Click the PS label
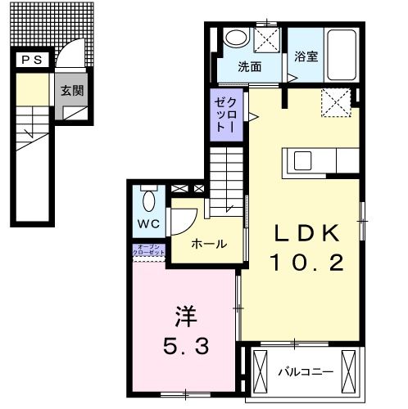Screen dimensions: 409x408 pyautogui.click(x=32, y=60)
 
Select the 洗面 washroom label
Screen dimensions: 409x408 pyautogui.click(x=251, y=66)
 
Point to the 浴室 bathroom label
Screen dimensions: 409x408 pyautogui.click(x=306, y=57)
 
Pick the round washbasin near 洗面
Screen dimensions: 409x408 pyautogui.click(x=238, y=37)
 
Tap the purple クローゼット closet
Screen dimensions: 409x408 pyautogui.click(x=226, y=115)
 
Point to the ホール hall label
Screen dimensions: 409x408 pyautogui.click(x=209, y=245)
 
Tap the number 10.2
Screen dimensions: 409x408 pyautogui.click(x=305, y=263)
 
